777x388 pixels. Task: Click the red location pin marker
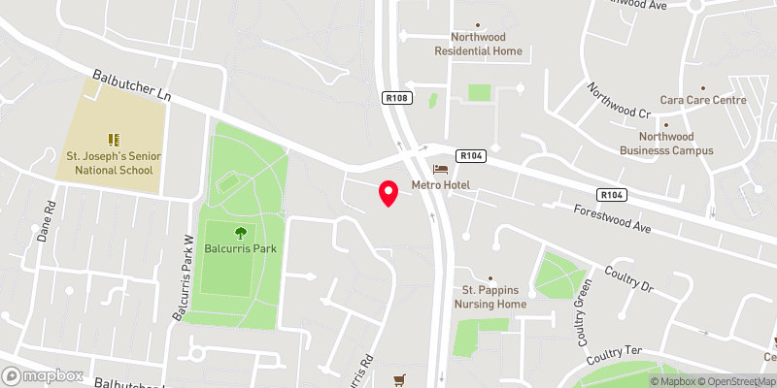(x=388, y=193)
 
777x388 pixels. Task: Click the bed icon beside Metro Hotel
(x=440, y=169)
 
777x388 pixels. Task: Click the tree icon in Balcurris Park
(x=239, y=232)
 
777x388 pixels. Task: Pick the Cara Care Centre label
(x=702, y=100)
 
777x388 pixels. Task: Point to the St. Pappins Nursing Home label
(x=493, y=297)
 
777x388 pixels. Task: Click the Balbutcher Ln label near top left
(x=132, y=87)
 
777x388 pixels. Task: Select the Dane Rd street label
(x=45, y=223)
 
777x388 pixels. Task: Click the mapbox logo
(x=43, y=375)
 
